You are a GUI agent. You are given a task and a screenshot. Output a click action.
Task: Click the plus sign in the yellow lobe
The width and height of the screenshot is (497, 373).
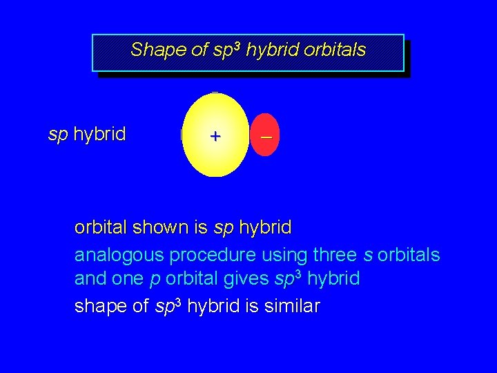pos(215,137)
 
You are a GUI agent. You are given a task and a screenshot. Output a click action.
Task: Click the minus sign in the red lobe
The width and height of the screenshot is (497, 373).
pos(266,138)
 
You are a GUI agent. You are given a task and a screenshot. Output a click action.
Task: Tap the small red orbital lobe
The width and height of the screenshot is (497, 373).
pos(264,135)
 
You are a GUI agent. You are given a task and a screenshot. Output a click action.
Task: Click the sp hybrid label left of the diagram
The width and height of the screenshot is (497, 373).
pos(87,134)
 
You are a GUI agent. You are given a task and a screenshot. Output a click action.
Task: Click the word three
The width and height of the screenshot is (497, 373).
pos(335,255)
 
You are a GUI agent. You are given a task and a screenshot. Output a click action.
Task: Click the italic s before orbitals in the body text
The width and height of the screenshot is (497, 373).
pos(367,256)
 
